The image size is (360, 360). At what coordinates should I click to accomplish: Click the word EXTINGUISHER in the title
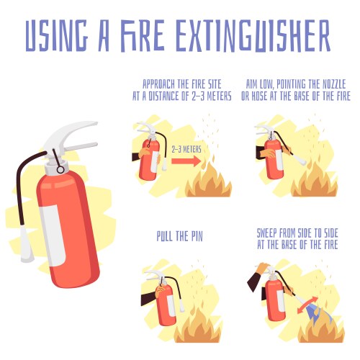tap(253, 36)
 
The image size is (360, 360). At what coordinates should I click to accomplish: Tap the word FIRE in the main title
tap(143, 36)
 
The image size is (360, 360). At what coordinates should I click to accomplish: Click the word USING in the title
tap(57, 36)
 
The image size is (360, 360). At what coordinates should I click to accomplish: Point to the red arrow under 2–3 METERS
tap(186, 161)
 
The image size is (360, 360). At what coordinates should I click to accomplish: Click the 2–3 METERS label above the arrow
tap(186, 150)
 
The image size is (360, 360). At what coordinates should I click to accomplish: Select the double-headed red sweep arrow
tap(307, 305)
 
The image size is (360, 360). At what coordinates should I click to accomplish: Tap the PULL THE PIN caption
tap(180, 236)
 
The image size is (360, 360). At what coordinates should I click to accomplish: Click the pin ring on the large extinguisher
tap(60, 170)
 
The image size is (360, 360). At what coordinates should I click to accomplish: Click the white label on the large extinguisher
tap(53, 235)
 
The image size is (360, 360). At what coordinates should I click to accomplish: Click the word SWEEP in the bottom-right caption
tap(267, 233)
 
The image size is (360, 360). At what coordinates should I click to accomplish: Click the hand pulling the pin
tap(159, 290)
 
